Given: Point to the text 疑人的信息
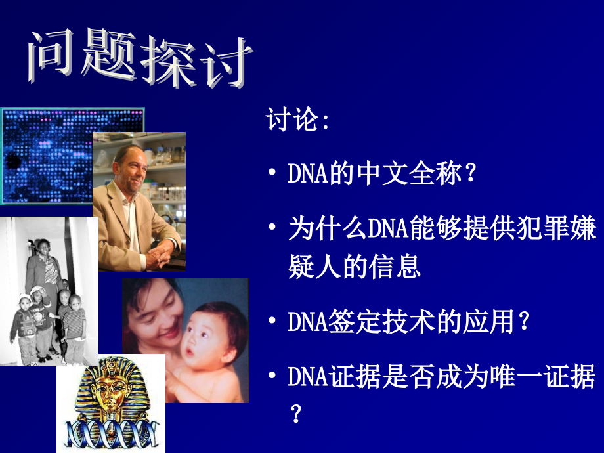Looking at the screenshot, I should click(354, 267).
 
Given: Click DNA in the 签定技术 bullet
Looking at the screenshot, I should click(306, 322).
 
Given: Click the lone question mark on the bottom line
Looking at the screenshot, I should click(296, 414).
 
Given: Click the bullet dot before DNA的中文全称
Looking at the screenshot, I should click(272, 175).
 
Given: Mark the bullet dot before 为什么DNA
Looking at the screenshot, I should click(272, 230).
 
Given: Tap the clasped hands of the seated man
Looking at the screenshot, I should click(158, 255).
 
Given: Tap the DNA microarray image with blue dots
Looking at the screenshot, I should click(46, 154).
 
